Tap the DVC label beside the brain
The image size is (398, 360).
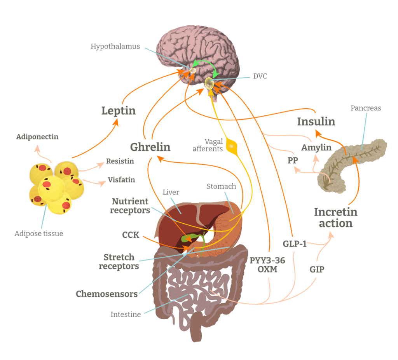click(260, 76)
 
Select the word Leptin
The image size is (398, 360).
click(119, 111)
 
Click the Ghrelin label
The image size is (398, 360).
click(150, 147)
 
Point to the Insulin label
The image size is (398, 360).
click(316, 122)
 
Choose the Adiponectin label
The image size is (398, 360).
click(37, 137)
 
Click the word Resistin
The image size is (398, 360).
click(120, 161)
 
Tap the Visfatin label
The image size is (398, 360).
click(121, 180)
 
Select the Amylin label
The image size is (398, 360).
click(316, 148)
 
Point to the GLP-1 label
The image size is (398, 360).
click(294, 244)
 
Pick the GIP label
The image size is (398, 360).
click(317, 269)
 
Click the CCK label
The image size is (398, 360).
click(131, 235)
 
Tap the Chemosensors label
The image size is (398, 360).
click(107, 294)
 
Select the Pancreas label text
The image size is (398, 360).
click(366, 108)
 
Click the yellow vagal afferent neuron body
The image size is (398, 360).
click(232, 146)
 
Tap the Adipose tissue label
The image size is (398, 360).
click(38, 233)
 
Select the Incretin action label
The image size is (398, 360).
click(335, 218)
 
